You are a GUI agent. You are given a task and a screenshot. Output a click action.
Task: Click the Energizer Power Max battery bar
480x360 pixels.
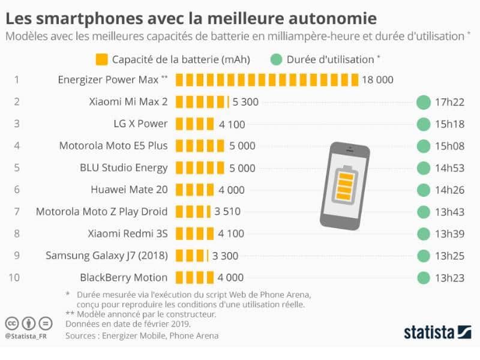tap(267, 80)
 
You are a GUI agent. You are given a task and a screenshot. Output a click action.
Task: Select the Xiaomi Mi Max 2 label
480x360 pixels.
tap(127, 102)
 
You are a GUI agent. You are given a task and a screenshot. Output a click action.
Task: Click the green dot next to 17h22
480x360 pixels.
tap(424, 102)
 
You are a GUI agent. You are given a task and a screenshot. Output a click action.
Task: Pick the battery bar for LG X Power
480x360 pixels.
tap(194, 124)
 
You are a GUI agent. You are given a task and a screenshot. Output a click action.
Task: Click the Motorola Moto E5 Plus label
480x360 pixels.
tap(113, 146)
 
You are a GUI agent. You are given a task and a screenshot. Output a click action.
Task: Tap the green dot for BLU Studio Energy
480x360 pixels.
tap(424, 168)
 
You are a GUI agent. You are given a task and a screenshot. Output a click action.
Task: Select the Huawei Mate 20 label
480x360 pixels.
tap(129, 190)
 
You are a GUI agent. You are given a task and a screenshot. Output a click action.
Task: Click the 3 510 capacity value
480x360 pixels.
tap(227, 211)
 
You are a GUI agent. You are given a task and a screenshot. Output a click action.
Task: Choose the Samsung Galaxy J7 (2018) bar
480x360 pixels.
tap(191, 256)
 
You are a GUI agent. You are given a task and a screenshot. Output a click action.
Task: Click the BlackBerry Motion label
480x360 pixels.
tap(124, 277)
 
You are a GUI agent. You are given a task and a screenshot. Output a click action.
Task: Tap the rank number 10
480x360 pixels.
tap(16, 277)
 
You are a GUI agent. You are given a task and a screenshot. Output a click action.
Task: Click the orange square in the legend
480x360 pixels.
tap(101, 59)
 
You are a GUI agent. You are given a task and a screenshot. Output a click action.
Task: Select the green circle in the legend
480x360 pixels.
tap(276, 59)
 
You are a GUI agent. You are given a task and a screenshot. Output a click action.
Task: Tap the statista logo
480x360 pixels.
tap(429, 332)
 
